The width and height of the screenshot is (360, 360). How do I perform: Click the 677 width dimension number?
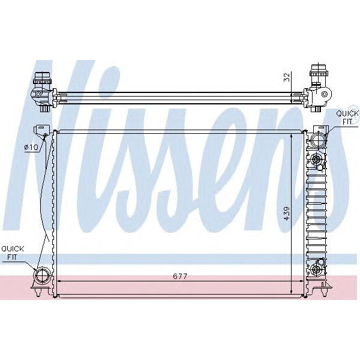click(x=181, y=277)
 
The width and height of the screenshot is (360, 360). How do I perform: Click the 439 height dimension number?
click(x=287, y=214)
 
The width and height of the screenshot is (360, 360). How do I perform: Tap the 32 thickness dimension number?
click(x=287, y=77)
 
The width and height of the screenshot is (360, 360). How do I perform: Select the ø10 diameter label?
click(x=31, y=147)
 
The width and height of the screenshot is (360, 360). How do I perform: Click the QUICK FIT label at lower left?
click(x=12, y=252)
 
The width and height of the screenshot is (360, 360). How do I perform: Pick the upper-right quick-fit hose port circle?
click(x=317, y=140)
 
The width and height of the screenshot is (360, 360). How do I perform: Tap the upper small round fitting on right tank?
click(x=316, y=159)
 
